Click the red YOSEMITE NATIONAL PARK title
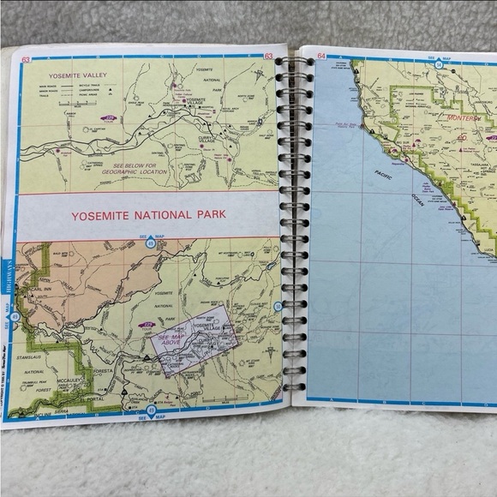(149, 214)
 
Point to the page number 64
(322, 57)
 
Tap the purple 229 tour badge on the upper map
(111, 117)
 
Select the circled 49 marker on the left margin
(15, 319)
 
